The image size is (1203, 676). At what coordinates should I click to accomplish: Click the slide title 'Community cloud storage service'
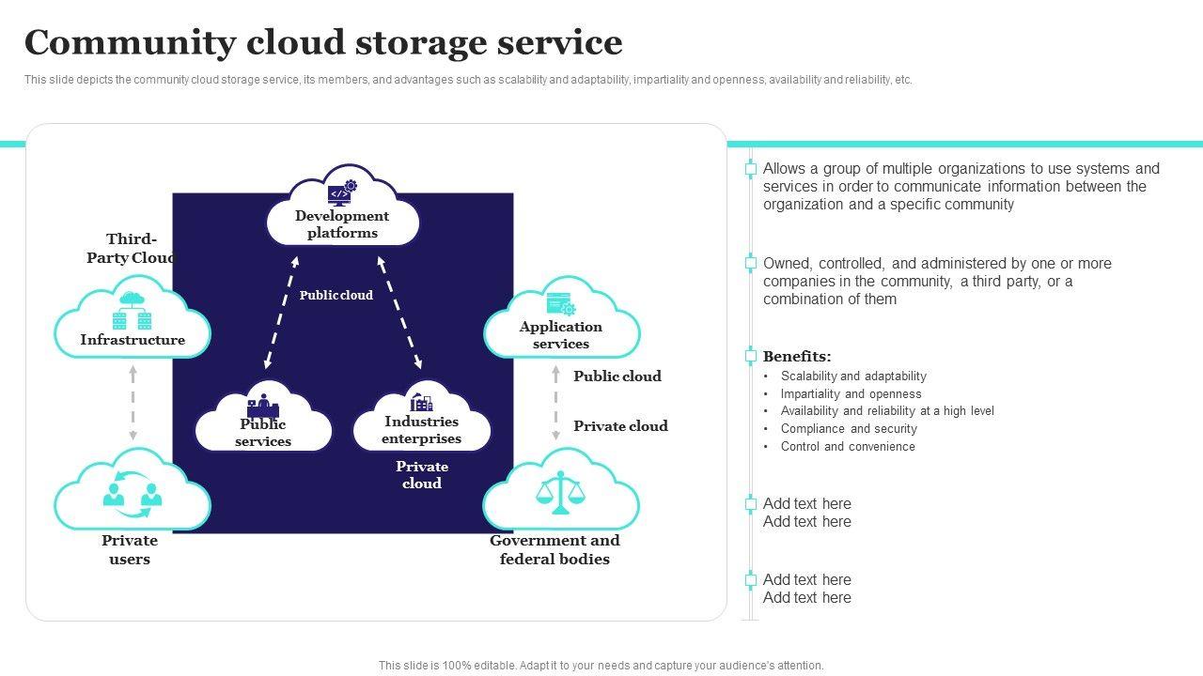[x=323, y=43]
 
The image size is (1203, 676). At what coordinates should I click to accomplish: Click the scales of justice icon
[x=560, y=492]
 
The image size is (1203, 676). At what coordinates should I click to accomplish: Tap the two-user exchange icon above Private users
[x=133, y=490]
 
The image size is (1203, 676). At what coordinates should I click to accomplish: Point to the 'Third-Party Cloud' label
[x=131, y=249]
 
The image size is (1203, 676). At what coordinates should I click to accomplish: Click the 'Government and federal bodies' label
[x=555, y=550]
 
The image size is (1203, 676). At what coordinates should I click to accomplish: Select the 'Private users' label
[x=130, y=550]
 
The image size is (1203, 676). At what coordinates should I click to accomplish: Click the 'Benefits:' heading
[x=797, y=357]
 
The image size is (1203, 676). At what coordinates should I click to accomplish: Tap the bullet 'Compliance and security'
[x=849, y=429]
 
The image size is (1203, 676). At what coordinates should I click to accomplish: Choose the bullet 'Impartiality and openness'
[x=851, y=394]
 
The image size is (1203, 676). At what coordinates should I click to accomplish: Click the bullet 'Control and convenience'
[x=848, y=447]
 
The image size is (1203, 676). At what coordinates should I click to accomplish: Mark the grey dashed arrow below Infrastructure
[x=133, y=403]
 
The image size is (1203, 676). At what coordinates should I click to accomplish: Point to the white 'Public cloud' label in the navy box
[x=336, y=295]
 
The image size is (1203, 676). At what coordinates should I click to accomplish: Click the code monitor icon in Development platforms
[x=340, y=192]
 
